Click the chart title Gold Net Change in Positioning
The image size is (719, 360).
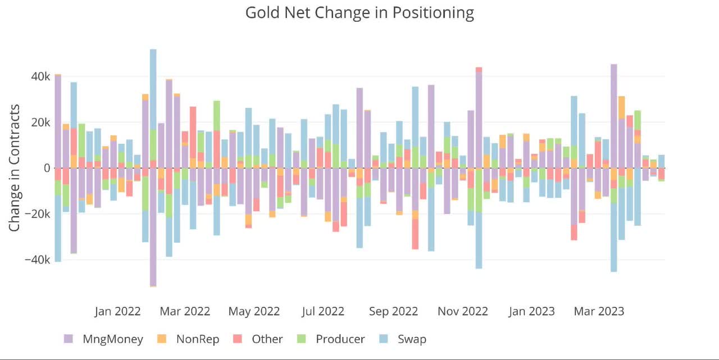pos(359,12)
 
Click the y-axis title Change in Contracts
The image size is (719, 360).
pos(15,167)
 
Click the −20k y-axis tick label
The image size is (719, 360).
pos(35,214)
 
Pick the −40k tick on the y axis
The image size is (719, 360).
pos(35,260)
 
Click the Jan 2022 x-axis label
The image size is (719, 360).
pos(117,311)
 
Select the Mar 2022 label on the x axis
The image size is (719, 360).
pos(184,311)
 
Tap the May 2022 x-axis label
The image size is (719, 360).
pos(254,311)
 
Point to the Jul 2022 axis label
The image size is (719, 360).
pos(323,311)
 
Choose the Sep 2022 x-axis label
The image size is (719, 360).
pos(393,311)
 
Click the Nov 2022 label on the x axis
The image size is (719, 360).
pos(463,311)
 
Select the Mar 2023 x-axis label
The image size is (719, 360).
pos(599,311)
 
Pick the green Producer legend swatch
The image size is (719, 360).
pos(301,339)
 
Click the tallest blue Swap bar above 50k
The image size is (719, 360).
pos(153,90)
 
